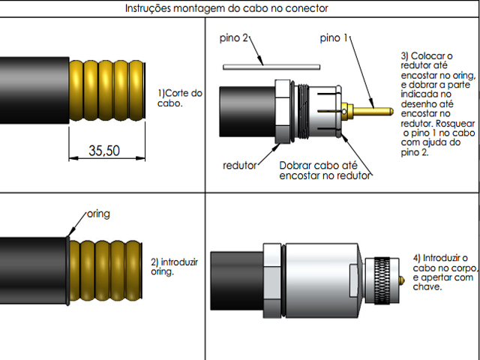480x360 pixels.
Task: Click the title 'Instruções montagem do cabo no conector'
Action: pos(225,8)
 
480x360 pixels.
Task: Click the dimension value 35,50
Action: pos(104,150)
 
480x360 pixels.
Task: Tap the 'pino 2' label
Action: pos(234,37)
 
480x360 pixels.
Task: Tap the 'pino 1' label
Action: pos(333,37)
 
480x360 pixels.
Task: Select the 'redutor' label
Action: pos(240,164)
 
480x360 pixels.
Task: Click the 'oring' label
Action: pos(98,214)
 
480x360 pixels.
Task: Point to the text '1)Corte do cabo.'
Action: pos(180,98)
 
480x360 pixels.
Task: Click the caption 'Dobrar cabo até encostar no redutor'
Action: pos(325,170)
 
